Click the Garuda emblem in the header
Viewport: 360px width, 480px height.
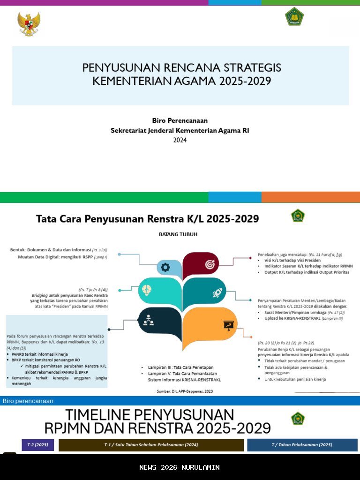click(x=29, y=24)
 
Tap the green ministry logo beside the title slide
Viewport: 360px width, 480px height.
click(x=294, y=17)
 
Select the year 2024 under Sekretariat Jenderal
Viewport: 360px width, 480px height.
click(x=180, y=140)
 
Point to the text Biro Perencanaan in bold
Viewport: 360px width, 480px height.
click(x=180, y=120)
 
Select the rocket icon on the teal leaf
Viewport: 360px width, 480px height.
click(x=217, y=293)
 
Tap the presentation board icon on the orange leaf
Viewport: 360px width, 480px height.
click(x=228, y=324)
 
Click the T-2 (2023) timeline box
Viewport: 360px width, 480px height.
click(x=37, y=445)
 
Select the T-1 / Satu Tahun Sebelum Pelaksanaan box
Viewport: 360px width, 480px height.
click(x=151, y=445)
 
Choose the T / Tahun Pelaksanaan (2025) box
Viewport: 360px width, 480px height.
click(x=302, y=445)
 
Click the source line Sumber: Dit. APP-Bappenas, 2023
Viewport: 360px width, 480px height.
click(x=185, y=391)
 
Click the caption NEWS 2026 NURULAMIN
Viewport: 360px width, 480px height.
click(x=180, y=467)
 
